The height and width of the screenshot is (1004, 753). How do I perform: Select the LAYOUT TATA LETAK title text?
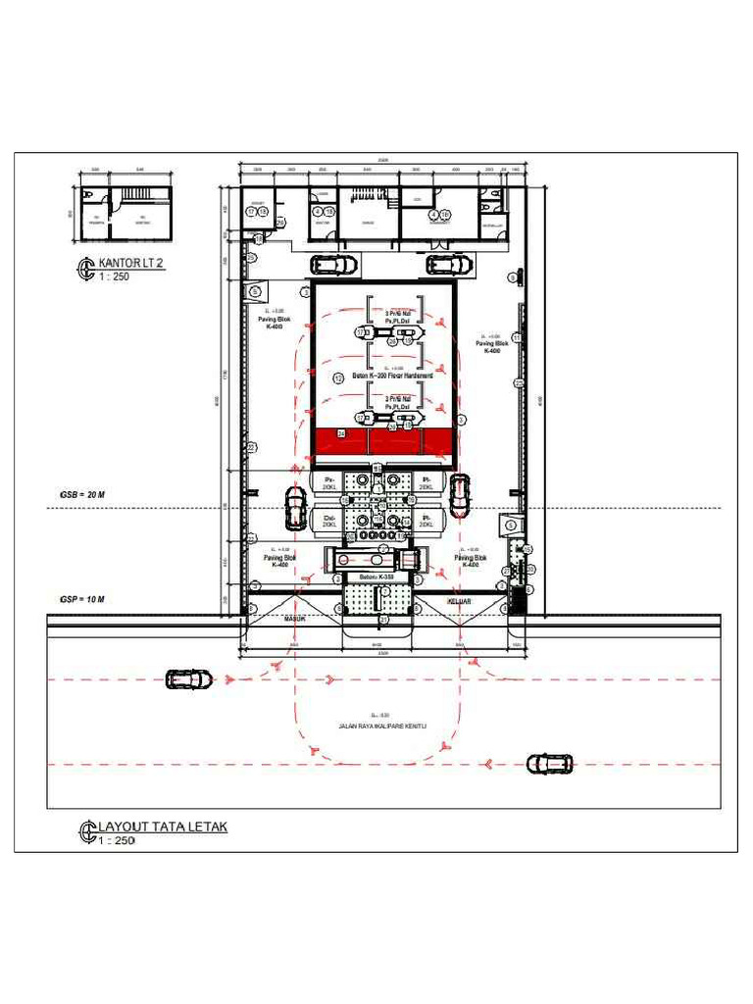(x=162, y=827)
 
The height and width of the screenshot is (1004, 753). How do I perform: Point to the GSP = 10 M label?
(x=81, y=598)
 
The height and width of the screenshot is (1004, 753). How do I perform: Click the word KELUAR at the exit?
(x=460, y=601)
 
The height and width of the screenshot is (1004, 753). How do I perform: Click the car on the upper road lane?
(x=189, y=678)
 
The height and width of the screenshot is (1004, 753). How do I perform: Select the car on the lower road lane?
(x=549, y=763)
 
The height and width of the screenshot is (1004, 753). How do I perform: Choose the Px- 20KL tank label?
(x=329, y=481)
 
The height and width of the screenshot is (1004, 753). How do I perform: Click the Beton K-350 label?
(x=376, y=577)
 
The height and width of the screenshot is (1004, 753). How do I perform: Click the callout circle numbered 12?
(x=338, y=377)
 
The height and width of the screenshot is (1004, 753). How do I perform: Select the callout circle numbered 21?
(x=383, y=620)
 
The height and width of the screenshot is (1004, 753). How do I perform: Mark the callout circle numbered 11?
(x=517, y=337)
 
